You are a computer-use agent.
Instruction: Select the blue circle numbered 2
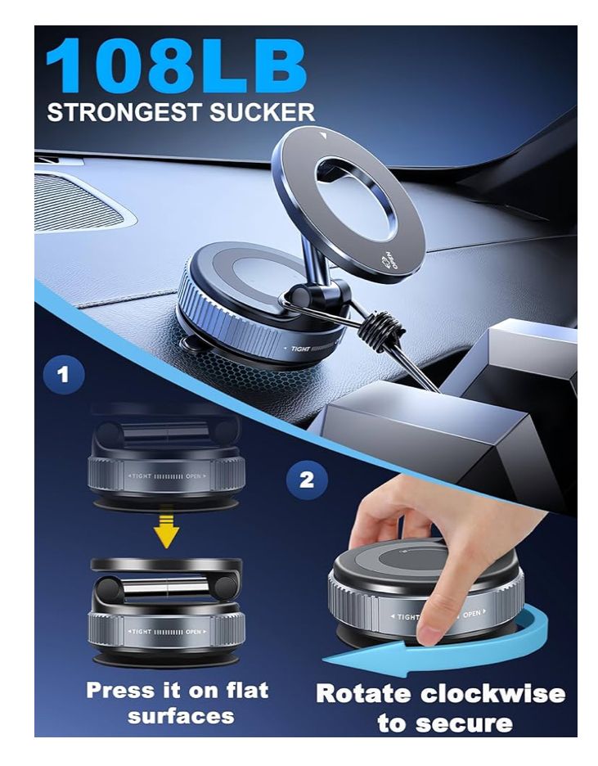click(306, 479)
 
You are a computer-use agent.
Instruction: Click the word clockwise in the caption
click(492, 694)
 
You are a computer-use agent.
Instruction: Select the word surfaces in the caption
click(181, 716)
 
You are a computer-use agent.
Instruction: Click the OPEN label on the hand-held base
click(472, 613)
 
